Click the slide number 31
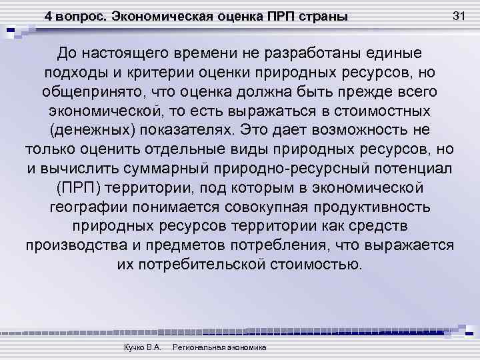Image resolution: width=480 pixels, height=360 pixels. [x=458, y=15]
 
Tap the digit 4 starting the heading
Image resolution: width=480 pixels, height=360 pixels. [x=49, y=16]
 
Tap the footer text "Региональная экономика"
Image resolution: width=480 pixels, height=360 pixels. [x=219, y=348]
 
